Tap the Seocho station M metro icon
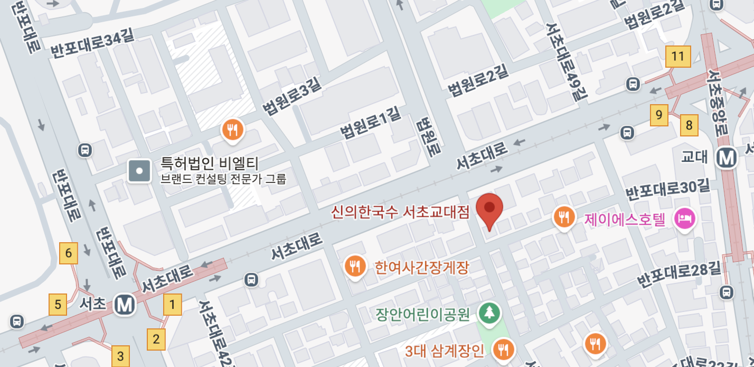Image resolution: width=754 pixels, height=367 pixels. [126, 305]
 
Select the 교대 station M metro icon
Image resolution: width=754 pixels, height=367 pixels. [728, 157]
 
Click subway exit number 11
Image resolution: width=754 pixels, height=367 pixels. [678, 57]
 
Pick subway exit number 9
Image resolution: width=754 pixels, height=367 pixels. [658, 115]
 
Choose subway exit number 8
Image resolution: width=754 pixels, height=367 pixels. [689, 125]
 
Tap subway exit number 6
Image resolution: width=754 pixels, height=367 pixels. [69, 253]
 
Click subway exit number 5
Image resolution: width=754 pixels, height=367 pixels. [58, 305]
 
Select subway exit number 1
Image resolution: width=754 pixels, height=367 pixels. [172, 305]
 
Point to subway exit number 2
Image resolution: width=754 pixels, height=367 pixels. [156, 339]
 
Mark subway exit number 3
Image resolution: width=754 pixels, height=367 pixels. [120, 356]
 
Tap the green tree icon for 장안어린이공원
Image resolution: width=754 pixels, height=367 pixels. [489, 313]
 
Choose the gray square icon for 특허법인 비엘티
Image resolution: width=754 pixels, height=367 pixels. [140, 171]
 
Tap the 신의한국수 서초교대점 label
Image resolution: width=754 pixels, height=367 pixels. [400, 213]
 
